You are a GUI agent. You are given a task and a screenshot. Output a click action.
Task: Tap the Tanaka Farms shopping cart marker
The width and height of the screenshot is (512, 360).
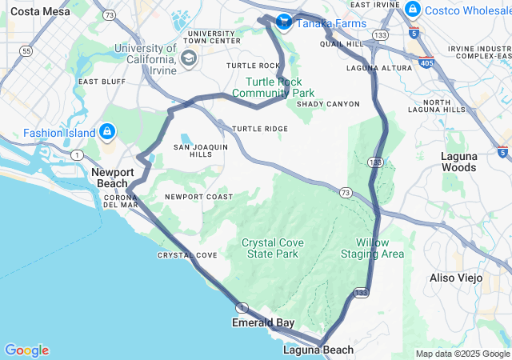(283, 22)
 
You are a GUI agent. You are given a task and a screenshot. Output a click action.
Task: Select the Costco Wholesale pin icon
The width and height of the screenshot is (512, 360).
(413, 9)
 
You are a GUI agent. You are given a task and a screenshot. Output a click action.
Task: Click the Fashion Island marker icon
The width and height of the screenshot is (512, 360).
(107, 130)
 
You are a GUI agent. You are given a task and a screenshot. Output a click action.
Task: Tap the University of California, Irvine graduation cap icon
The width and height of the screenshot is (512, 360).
(189, 57)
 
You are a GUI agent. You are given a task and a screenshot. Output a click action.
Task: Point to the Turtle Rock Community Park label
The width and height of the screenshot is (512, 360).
(269, 87)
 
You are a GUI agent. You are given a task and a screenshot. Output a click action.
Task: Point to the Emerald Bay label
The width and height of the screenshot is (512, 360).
(263, 323)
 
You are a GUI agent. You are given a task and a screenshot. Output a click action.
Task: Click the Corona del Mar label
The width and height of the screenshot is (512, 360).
(122, 200)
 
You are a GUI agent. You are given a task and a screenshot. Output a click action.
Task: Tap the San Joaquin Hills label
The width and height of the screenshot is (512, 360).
(201, 150)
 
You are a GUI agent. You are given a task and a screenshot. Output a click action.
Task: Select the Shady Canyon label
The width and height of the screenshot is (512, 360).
(328, 104)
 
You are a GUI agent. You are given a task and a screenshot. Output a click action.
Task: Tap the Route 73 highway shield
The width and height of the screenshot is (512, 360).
(345, 192)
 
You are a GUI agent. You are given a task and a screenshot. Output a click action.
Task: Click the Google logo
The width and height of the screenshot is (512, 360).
(26, 350)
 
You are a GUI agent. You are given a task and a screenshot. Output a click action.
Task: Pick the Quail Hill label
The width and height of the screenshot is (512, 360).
(341, 45)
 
